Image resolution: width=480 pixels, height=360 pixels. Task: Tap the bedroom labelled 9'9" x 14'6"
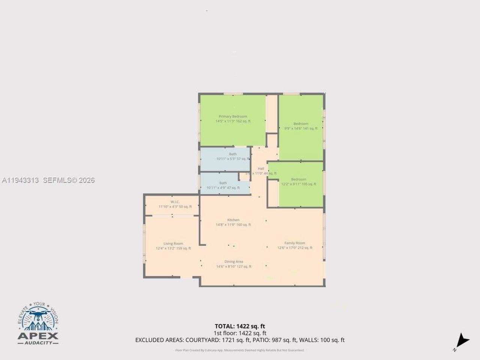click(x=301, y=126)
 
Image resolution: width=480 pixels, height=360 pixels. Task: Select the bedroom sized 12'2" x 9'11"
click(x=298, y=182)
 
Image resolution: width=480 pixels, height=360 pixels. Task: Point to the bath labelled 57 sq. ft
click(x=232, y=156)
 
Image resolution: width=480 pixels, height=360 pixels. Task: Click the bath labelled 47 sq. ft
click(x=223, y=186)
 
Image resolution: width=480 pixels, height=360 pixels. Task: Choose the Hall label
click(x=261, y=169)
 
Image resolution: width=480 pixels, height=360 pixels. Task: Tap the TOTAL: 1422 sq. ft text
click(x=240, y=326)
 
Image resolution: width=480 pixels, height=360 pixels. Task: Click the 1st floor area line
click(x=240, y=333)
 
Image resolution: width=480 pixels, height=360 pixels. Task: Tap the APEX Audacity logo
click(x=38, y=324)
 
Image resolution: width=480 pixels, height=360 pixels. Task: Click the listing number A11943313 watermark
click(x=20, y=180)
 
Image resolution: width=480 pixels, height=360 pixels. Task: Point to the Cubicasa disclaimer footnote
click(x=240, y=350)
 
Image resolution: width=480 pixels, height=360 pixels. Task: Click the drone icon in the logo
click(x=37, y=312)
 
